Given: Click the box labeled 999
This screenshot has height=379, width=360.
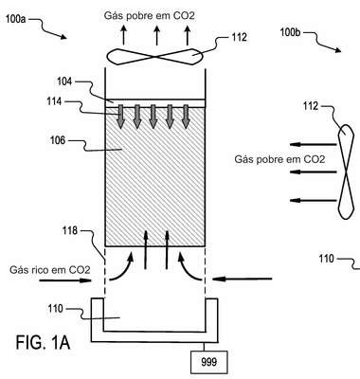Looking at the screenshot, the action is click(208, 362).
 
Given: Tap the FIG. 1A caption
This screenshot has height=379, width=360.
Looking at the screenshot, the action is click(43, 343).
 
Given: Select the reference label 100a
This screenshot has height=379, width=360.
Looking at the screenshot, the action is click(15, 19).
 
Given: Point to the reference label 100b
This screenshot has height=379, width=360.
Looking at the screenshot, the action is click(290, 32).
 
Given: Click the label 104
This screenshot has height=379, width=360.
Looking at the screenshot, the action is click(64, 81).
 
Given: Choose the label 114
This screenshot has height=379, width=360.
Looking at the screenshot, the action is click(54, 101).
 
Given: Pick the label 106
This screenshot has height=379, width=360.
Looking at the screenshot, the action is click(58, 140).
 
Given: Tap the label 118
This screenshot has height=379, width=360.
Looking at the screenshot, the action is click(70, 230).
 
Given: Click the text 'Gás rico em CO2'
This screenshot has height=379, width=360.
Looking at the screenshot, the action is click(50, 270).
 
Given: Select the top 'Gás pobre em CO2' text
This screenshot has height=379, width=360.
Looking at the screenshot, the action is click(150, 16).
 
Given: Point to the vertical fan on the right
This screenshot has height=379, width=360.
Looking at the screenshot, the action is click(346, 171).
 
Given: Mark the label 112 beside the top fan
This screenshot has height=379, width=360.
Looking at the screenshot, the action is click(239, 38).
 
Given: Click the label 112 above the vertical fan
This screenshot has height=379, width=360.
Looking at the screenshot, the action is click(311, 106).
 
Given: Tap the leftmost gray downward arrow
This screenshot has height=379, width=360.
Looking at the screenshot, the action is click(120, 117).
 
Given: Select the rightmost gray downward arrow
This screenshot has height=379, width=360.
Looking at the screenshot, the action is click(186, 117).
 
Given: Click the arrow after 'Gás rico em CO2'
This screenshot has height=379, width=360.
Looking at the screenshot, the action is click(65, 280).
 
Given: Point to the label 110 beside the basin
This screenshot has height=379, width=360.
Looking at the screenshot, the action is click(56, 308).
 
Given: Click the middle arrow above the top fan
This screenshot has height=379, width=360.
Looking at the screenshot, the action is click(156, 35).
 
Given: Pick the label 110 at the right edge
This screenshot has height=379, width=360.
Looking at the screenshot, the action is click(326, 259).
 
